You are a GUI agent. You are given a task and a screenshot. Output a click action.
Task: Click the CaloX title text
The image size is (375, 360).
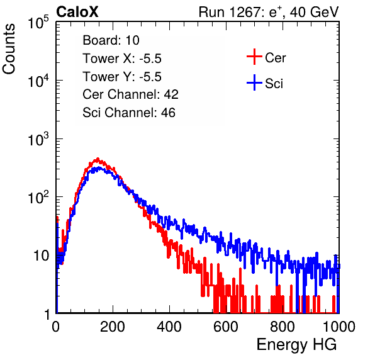click(x=77, y=12)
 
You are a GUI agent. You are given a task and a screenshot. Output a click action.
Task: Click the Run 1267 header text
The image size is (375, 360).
click(x=269, y=12)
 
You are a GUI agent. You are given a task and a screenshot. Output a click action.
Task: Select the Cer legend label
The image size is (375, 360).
click(x=275, y=58)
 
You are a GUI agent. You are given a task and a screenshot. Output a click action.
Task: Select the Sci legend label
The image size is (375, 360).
click(x=274, y=84)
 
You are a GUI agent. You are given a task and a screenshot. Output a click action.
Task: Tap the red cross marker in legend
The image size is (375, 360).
click(x=254, y=57)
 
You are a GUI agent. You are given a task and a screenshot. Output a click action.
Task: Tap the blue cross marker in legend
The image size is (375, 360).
click(x=254, y=82)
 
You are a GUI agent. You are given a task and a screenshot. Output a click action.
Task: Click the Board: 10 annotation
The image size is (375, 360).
click(x=111, y=40)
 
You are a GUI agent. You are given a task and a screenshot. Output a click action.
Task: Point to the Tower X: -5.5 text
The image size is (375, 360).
click(x=122, y=59)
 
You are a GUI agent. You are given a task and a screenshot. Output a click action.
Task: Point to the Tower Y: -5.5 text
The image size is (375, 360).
click(x=122, y=77)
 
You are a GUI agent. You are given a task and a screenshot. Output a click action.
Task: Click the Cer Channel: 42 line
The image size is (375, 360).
click(x=131, y=94)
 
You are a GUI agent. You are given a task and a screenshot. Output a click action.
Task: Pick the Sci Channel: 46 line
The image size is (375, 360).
click(x=129, y=113)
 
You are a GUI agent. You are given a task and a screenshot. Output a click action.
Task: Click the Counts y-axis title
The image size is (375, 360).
click(x=9, y=49)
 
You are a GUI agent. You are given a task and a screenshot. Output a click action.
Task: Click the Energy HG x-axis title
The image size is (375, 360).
click(x=297, y=345)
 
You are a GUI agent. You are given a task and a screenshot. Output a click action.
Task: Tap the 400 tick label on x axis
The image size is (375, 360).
click(x=169, y=327)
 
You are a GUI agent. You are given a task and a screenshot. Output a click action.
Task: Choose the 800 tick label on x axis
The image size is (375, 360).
click(x=283, y=327)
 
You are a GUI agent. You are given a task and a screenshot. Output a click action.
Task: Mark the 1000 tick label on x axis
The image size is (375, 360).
click(x=339, y=327)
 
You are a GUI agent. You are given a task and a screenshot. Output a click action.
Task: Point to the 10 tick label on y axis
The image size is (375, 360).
click(x=41, y=256)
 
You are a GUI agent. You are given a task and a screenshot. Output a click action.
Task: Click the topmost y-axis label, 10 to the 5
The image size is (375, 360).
click(x=38, y=22)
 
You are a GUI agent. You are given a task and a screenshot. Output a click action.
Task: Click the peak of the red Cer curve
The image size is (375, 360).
click(x=98, y=159)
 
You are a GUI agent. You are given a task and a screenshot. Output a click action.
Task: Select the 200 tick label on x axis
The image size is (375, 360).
click(x=113, y=327)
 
